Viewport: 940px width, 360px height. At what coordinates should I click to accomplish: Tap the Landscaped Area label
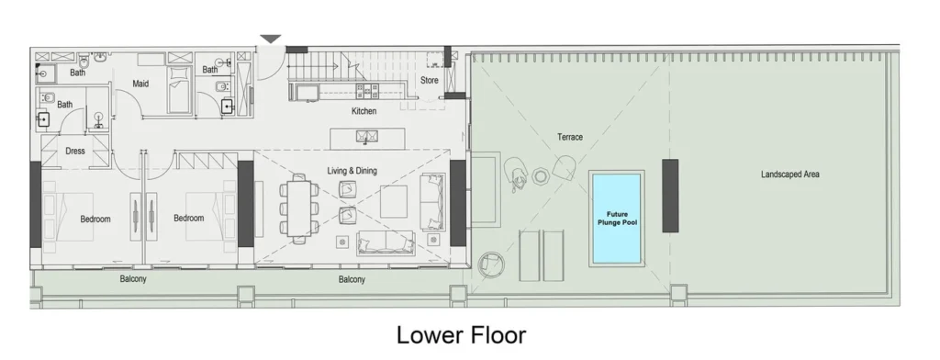tap(789, 174)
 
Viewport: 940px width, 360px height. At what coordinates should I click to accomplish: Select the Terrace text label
tap(569, 137)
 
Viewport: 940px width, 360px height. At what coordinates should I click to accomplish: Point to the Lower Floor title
tap(461, 334)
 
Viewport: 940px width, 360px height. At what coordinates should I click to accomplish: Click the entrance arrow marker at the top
tap(270, 39)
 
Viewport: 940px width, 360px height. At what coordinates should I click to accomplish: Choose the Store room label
tap(430, 81)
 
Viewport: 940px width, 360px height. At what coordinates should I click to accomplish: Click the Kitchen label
tap(364, 111)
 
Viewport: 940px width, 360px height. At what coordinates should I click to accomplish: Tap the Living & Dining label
tap(352, 171)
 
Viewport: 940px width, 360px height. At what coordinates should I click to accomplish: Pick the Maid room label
tap(140, 84)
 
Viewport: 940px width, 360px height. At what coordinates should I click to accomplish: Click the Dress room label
tap(74, 152)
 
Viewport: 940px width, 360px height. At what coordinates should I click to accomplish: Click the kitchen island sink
tap(368, 138)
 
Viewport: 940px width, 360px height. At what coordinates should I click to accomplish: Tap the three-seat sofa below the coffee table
tap(385, 243)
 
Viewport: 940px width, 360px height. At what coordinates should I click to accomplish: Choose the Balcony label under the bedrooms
tap(134, 278)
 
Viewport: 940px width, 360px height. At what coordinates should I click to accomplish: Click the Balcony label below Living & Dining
tap(352, 279)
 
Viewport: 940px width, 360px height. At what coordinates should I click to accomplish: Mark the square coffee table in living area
tap(394, 201)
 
